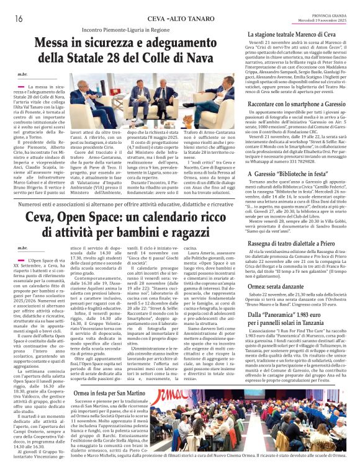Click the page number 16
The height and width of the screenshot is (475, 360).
pyautogui.click(x=18, y=19)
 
